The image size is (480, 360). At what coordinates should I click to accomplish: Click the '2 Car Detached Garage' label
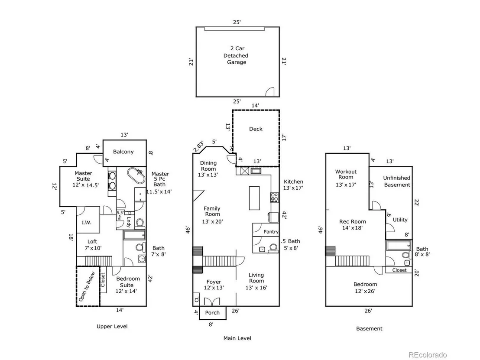(x=236, y=55)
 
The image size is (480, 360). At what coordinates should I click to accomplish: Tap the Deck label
(x=256, y=129)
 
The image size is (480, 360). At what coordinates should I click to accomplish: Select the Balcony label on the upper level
(x=123, y=152)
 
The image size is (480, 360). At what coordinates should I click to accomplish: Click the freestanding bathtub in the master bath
(x=136, y=175)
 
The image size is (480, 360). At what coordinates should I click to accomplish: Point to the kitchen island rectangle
(x=254, y=198)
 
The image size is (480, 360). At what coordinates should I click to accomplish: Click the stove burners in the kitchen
(x=274, y=198)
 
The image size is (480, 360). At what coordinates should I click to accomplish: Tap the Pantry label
(x=271, y=232)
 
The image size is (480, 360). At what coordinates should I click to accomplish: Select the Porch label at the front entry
(x=212, y=312)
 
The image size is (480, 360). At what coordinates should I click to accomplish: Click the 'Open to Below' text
(x=87, y=286)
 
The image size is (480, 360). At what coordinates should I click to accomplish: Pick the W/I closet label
(x=86, y=223)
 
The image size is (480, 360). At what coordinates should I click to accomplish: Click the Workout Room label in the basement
(x=346, y=174)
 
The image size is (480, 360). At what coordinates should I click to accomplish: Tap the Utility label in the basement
(x=400, y=220)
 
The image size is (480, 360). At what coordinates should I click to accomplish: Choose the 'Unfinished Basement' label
(x=397, y=181)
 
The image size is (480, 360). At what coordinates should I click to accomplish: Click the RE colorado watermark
(x=428, y=355)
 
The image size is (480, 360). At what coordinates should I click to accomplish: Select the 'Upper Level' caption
(x=112, y=326)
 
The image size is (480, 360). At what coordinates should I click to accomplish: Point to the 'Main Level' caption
(x=237, y=338)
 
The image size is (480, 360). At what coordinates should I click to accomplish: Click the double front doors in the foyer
(x=212, y=302)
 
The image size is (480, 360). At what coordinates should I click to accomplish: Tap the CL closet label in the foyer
(x=196, y=299)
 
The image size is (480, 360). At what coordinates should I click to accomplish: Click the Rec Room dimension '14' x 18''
(x=353, y=228)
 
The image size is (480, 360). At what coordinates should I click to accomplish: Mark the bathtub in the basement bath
(x=399, y=246)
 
